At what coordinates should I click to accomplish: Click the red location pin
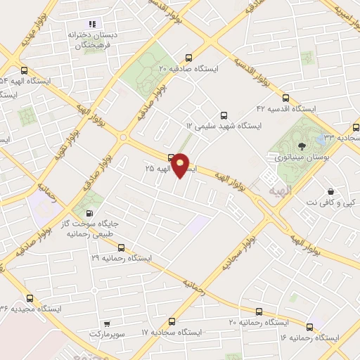coord(181,165)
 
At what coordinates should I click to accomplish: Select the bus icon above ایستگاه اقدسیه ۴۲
coord(285,98)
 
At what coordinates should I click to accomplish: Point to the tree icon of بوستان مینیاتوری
coord(302,146)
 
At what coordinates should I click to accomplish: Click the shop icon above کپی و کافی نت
coord(330,191)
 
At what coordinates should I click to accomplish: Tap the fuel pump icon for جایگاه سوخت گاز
coord(89,213)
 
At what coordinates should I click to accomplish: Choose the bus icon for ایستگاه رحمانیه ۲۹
coord(121,247)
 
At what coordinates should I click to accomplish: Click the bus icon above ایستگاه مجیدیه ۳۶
coord(29,297)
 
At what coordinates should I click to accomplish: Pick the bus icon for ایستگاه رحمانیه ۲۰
coord(259,311)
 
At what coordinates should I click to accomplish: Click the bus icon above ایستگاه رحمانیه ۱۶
coord(310,326)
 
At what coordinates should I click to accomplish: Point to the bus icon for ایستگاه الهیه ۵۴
coord(25,70)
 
